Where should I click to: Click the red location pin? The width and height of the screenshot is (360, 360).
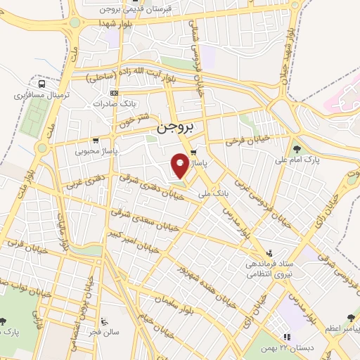pos(181,165)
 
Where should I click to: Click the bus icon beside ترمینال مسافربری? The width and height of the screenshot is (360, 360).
pos(42,84)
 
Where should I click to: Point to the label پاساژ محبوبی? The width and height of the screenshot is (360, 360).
pos(98,150)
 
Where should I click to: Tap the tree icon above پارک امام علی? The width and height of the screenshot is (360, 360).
pos(297,149)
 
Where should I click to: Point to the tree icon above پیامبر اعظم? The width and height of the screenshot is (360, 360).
pos(351,318)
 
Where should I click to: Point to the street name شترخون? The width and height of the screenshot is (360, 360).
pos(133,121)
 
